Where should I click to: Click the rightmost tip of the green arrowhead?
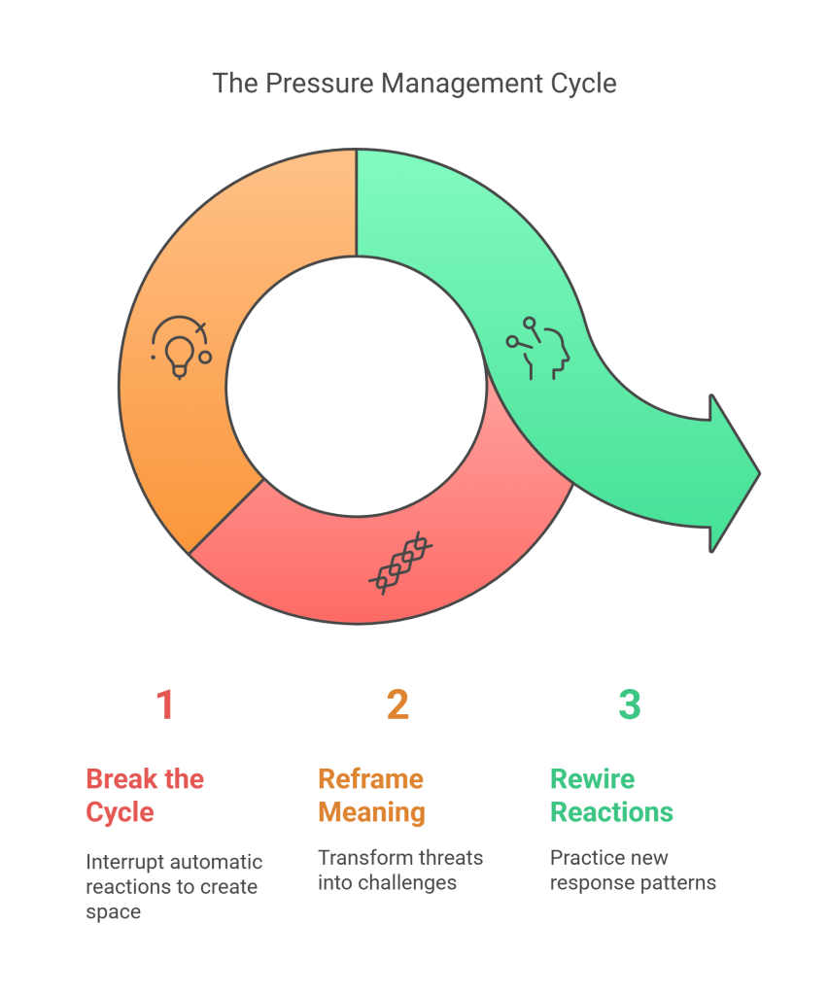coord(759,473)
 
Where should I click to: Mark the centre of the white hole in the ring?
coord(357,386)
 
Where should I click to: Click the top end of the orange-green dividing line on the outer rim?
coord(357,150)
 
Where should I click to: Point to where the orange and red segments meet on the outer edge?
coord(189,554)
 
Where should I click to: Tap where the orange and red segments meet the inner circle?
coord(263,479)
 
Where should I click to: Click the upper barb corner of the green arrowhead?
coord(711,395)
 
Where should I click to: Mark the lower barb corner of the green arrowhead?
coord(711,552)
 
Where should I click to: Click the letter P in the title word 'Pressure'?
coord(273,84)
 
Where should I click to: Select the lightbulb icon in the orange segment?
coord(181,347)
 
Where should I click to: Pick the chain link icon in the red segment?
coord(400,563)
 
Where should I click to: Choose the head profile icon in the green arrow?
coord(537,348)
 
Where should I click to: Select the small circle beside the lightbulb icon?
coord(205,358)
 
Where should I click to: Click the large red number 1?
coord(165,704)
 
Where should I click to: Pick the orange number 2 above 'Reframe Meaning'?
coord(397,704)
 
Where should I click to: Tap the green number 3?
coord(630,704)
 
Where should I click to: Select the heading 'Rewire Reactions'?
coord(611,795)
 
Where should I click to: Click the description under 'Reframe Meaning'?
coord(400,870)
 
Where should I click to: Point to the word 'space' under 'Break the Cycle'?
coord(114,912)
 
